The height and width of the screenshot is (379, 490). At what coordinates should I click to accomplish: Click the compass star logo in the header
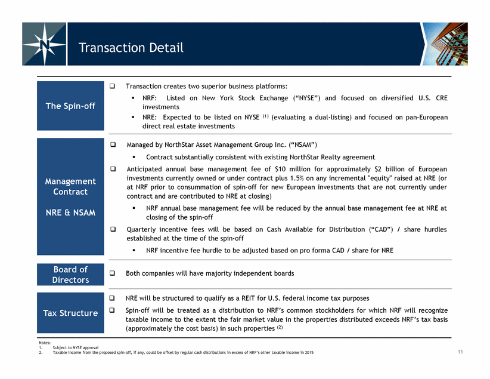coord(44,44)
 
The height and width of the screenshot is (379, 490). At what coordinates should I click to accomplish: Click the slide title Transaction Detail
coord(131,48)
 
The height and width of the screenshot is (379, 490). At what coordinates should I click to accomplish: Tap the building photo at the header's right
coord(445,44)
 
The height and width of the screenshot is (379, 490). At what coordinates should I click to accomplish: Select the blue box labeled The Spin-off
coord(70,106)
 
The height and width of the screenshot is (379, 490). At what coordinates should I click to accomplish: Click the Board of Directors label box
coord(70,275)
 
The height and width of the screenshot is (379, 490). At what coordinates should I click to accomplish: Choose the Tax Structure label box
coord(70,313)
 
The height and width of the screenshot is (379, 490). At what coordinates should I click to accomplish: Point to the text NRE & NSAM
coord(70,212)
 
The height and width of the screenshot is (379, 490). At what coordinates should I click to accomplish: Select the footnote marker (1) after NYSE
coord(265,116)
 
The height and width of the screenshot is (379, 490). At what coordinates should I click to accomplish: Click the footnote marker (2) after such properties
coord(280,327)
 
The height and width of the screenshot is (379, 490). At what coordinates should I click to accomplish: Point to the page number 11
coord(460,352)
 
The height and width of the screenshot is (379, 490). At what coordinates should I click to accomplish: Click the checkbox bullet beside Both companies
coord(112,273)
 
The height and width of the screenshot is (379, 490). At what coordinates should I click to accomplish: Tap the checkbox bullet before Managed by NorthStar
coord(113,144)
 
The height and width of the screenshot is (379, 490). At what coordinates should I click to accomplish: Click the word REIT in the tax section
coord(248,298)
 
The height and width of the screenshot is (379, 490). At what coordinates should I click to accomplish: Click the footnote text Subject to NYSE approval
coord(76,347)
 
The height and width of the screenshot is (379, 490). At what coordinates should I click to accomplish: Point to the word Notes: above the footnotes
coord(45,343)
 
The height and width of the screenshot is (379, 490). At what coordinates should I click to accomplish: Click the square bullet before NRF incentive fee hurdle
coord(134,250)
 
